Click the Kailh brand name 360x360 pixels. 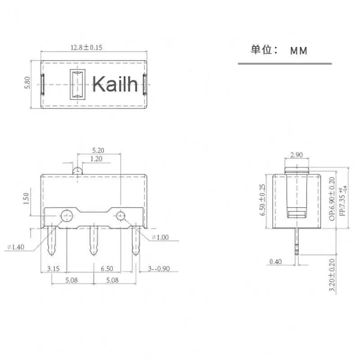tap(115, 84)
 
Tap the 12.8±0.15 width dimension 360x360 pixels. tap(86, 47)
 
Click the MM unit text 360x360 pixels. tap(298, 51)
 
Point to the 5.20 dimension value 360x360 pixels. tap(98, 150)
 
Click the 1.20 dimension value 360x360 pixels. tap(96, 159)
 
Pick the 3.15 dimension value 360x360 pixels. tap(53, 269)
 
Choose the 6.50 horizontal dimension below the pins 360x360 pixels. tap(107, 269)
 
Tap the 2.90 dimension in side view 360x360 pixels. tap(297, 155)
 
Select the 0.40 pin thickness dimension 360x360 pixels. tap(276, 261)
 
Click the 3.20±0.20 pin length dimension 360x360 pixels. tap(332, 276)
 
